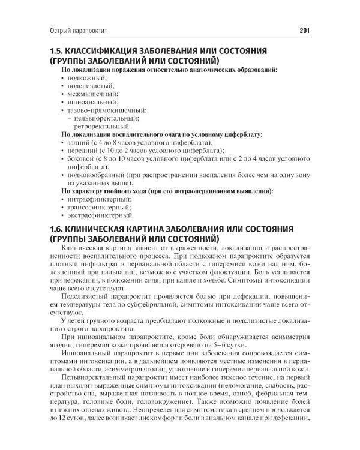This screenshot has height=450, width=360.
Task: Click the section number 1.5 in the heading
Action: pos(60,52)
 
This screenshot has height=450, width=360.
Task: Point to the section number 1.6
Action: pos(60,229)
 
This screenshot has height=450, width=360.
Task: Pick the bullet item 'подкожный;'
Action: pos(88,79)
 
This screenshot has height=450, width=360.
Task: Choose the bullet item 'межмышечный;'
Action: pos(93,95)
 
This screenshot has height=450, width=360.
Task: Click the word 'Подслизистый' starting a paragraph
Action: pos(87,296)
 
